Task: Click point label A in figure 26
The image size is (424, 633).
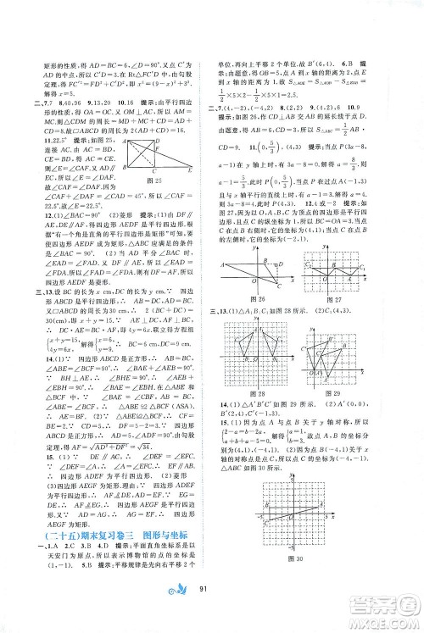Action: tap(225, 265)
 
